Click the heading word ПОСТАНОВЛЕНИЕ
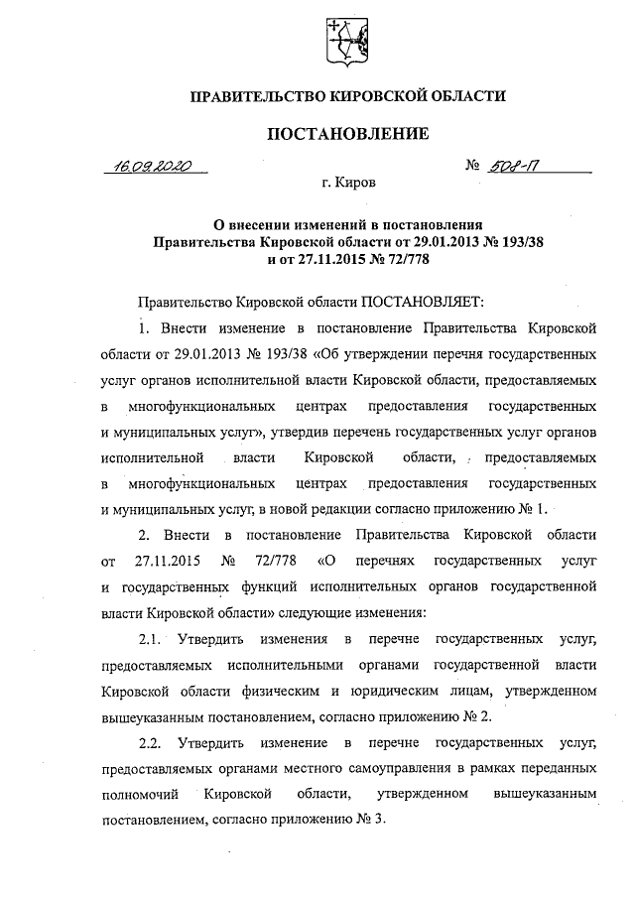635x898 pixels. (346, 132)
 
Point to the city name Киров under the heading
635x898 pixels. (356, 183)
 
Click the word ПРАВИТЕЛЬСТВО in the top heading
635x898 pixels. (251, 97)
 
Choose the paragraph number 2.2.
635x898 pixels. (154, 742)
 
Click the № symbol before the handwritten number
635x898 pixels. (472, 166)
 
